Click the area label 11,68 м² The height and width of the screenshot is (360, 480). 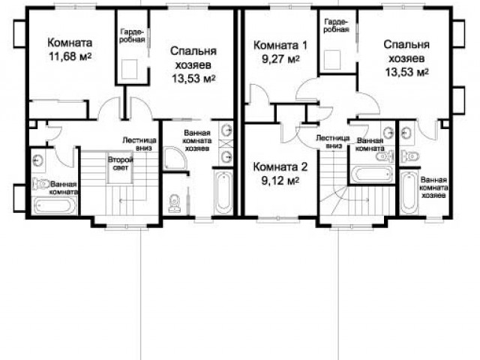(x=70, y=56)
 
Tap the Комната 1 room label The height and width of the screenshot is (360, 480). (x=280, y=45)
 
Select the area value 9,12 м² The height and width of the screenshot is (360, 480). (x=280, y=181)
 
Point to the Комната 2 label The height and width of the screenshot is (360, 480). (x=280, y=166)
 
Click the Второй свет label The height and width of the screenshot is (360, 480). (x=120, y=163)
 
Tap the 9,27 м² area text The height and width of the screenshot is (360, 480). (x=280, y=58)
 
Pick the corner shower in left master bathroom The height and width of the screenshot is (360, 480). (x=175, y=158)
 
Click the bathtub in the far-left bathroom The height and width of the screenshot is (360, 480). (x=55, y=205)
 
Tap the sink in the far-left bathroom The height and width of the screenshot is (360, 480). (x=38, y=160)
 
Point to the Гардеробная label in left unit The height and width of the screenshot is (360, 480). (x=132, y=35)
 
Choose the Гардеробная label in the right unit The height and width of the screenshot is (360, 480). (x=337, y=25)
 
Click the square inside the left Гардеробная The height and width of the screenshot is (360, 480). (x=129, y=70)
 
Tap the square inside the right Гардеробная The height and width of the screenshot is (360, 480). (x=332, y=60)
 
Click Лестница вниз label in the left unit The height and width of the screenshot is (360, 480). (x=139, y=144)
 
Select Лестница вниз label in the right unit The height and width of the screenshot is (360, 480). (x=333, y=142)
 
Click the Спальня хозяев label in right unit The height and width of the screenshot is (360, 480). (x=406, y=51)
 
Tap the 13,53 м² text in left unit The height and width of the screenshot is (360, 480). (x=193, y=79)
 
